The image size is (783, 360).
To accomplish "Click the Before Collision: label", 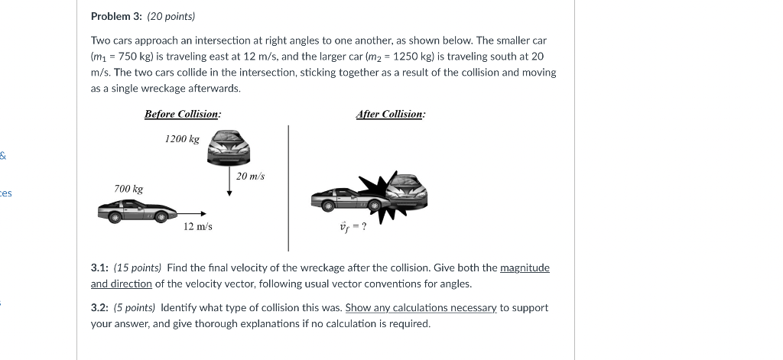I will click(183, 114).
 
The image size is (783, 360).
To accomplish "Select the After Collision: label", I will click(391, 114).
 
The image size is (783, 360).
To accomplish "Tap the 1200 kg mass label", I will click(182, 139).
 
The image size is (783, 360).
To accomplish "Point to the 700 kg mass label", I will click(128, 189).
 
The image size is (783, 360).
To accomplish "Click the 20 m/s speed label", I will click(250, 177).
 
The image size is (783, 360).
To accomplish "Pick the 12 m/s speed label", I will click(198, 226).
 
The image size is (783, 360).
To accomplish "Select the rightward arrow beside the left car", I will click(192, 214).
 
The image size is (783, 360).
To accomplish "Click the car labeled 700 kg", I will click(137, 211).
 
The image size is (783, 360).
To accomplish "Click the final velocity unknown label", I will click(353, 226).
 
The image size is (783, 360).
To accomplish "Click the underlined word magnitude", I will click(525, 268).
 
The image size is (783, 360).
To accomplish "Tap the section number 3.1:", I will click(99, 268).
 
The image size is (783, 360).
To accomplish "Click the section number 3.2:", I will click(99, 307).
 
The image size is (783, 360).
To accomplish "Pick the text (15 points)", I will click(138, 268).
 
